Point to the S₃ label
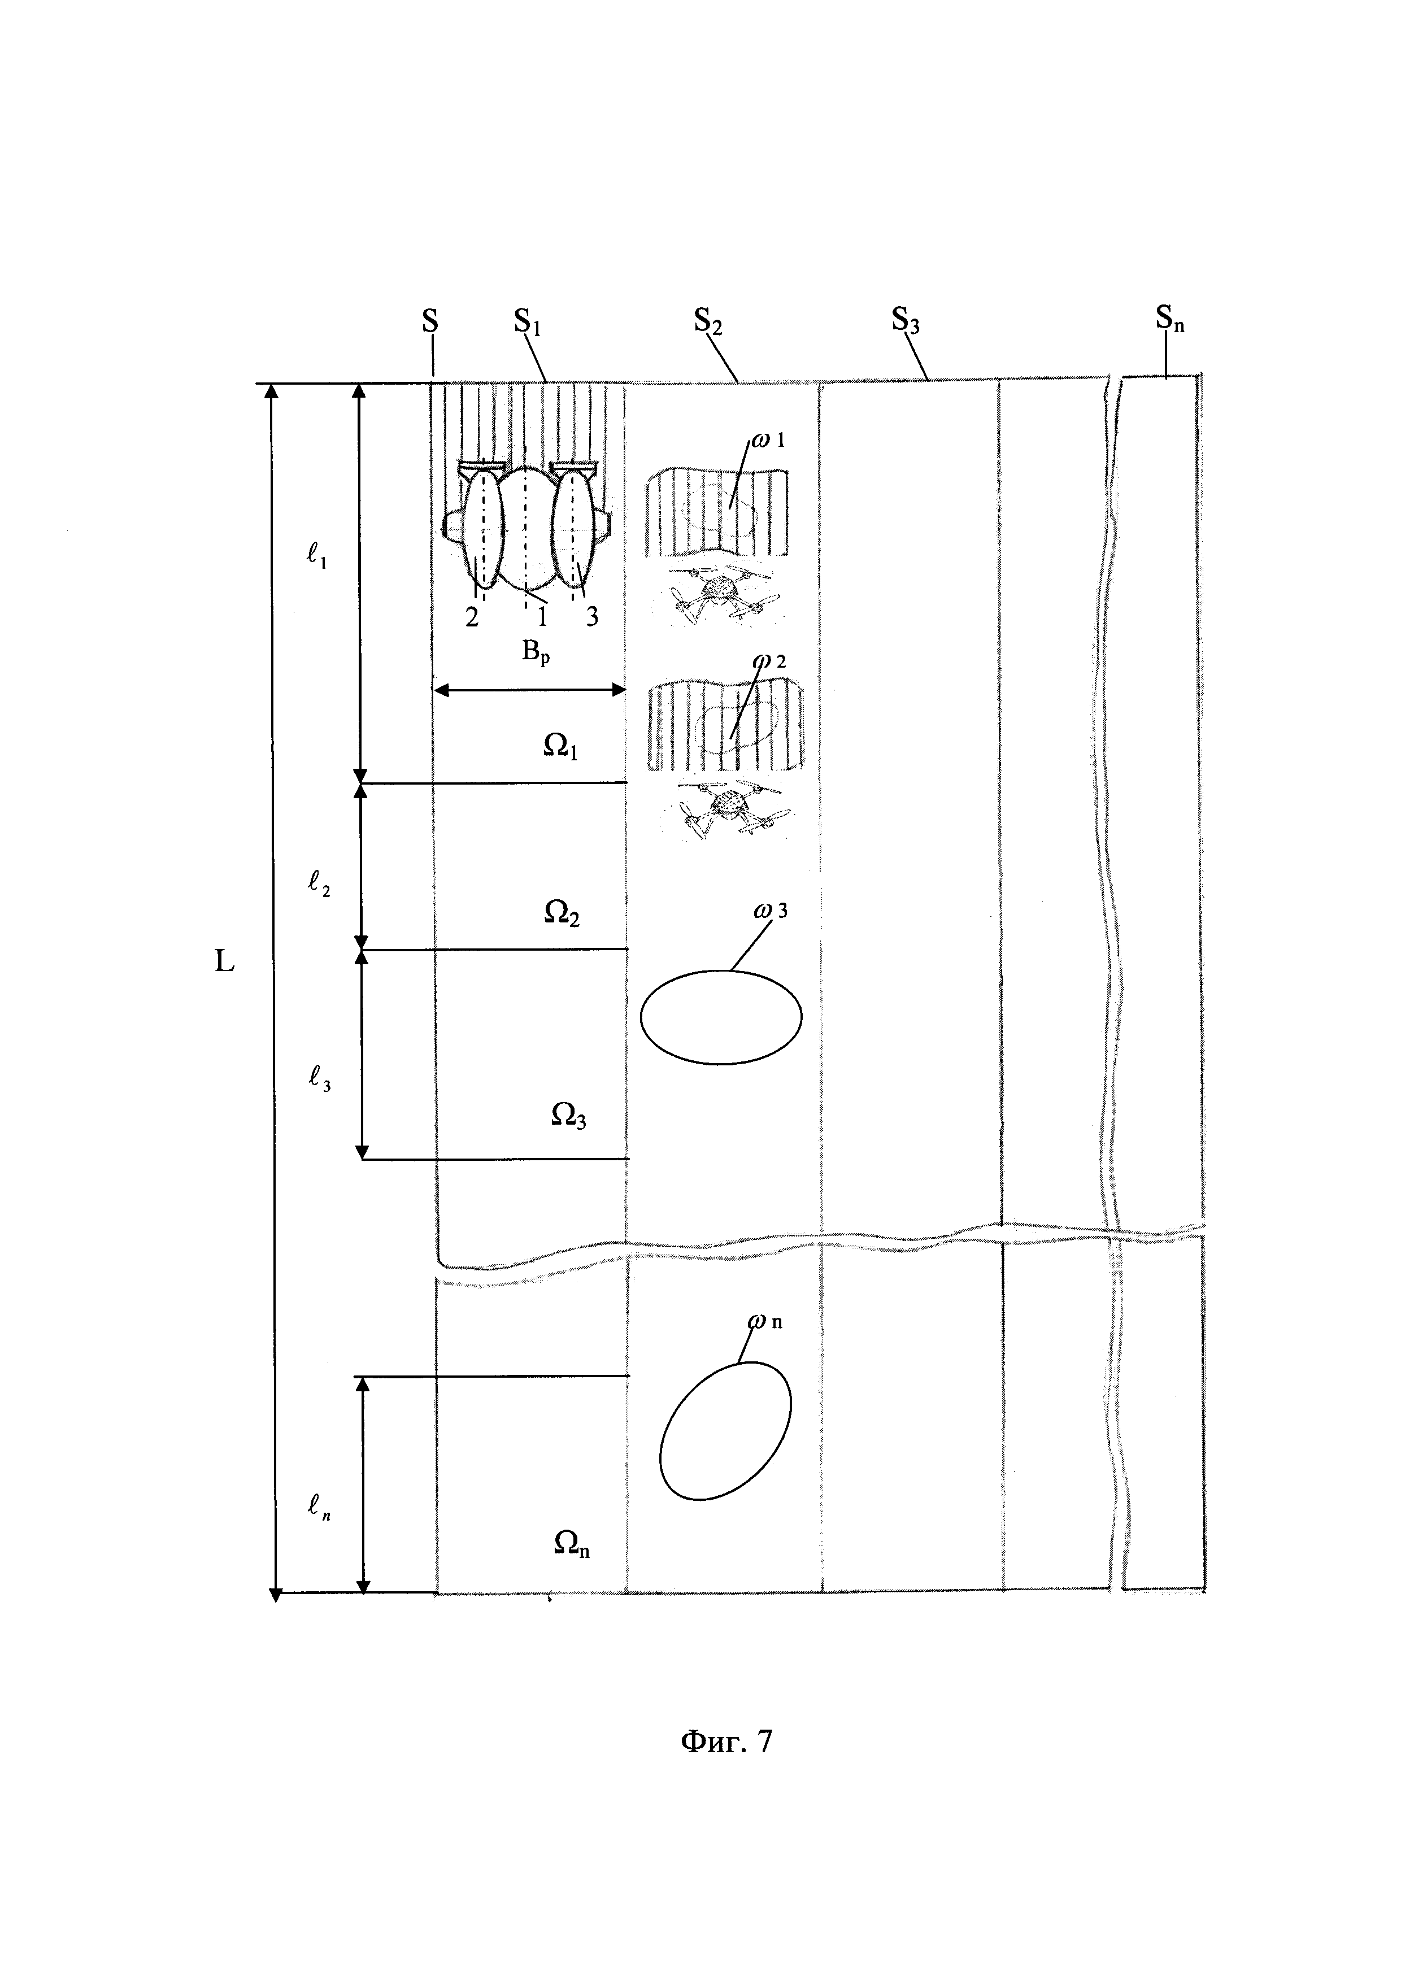906,323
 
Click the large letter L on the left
224,962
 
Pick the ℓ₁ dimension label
316,558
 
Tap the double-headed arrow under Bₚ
529,689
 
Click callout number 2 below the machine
472,618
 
